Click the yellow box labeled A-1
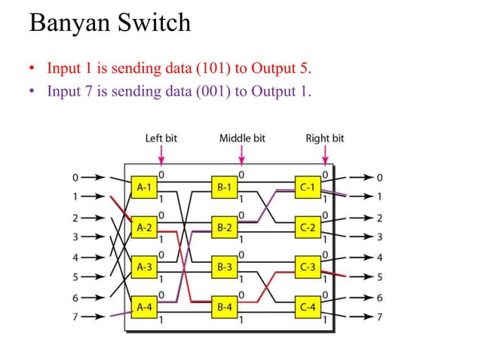[x=145, y=185]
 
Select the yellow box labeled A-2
[x=145, y=226]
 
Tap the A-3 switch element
[x=145, y=267]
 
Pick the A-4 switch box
[x=145, y=307]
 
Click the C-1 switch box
[x=308, y=185]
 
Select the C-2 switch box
[x=308, y=226]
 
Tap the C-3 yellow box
[x=308, y=267]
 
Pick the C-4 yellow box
[x=308, y=307]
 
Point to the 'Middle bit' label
[x=242, y=139]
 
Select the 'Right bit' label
[x=324, y=139]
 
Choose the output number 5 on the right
[x=379, y=276]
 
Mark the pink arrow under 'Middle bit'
[x=241, y=155]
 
